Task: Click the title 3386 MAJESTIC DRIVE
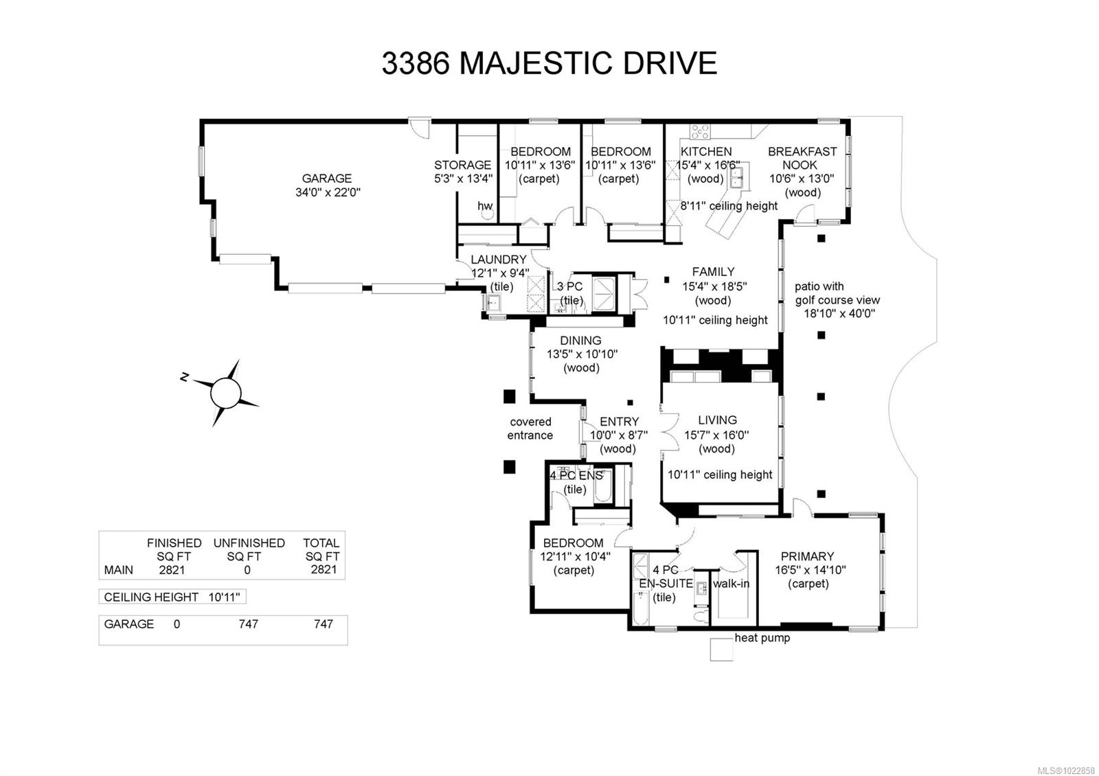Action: [x=549, y=63]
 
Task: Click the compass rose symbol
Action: [x=225, y=393]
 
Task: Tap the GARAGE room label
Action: [x=326, y=179]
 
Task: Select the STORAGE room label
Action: [x=462, y=165]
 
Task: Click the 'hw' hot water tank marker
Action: [x=485, y=206]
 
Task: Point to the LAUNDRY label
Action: [x=499, y=260]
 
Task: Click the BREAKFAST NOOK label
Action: [x=802, y=158]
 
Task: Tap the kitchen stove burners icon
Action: [x=700, y=131]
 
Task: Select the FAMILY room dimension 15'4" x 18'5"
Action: [x=713, y=286]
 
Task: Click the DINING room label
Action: [x=580, y=341]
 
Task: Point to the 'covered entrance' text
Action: [x=530, y=429]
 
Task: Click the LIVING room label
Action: [x=717, y=420]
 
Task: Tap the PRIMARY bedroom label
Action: [x=807, y=556]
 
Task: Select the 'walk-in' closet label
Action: [x=731, y=584]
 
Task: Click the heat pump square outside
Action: [x=721, y=649]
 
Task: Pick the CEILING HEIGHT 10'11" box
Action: [x=172, y=597]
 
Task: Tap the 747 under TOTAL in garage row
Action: [x=323, y=624]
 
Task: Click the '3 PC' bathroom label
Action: [x=569, y=286]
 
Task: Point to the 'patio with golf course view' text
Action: [x=837, y=293]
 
